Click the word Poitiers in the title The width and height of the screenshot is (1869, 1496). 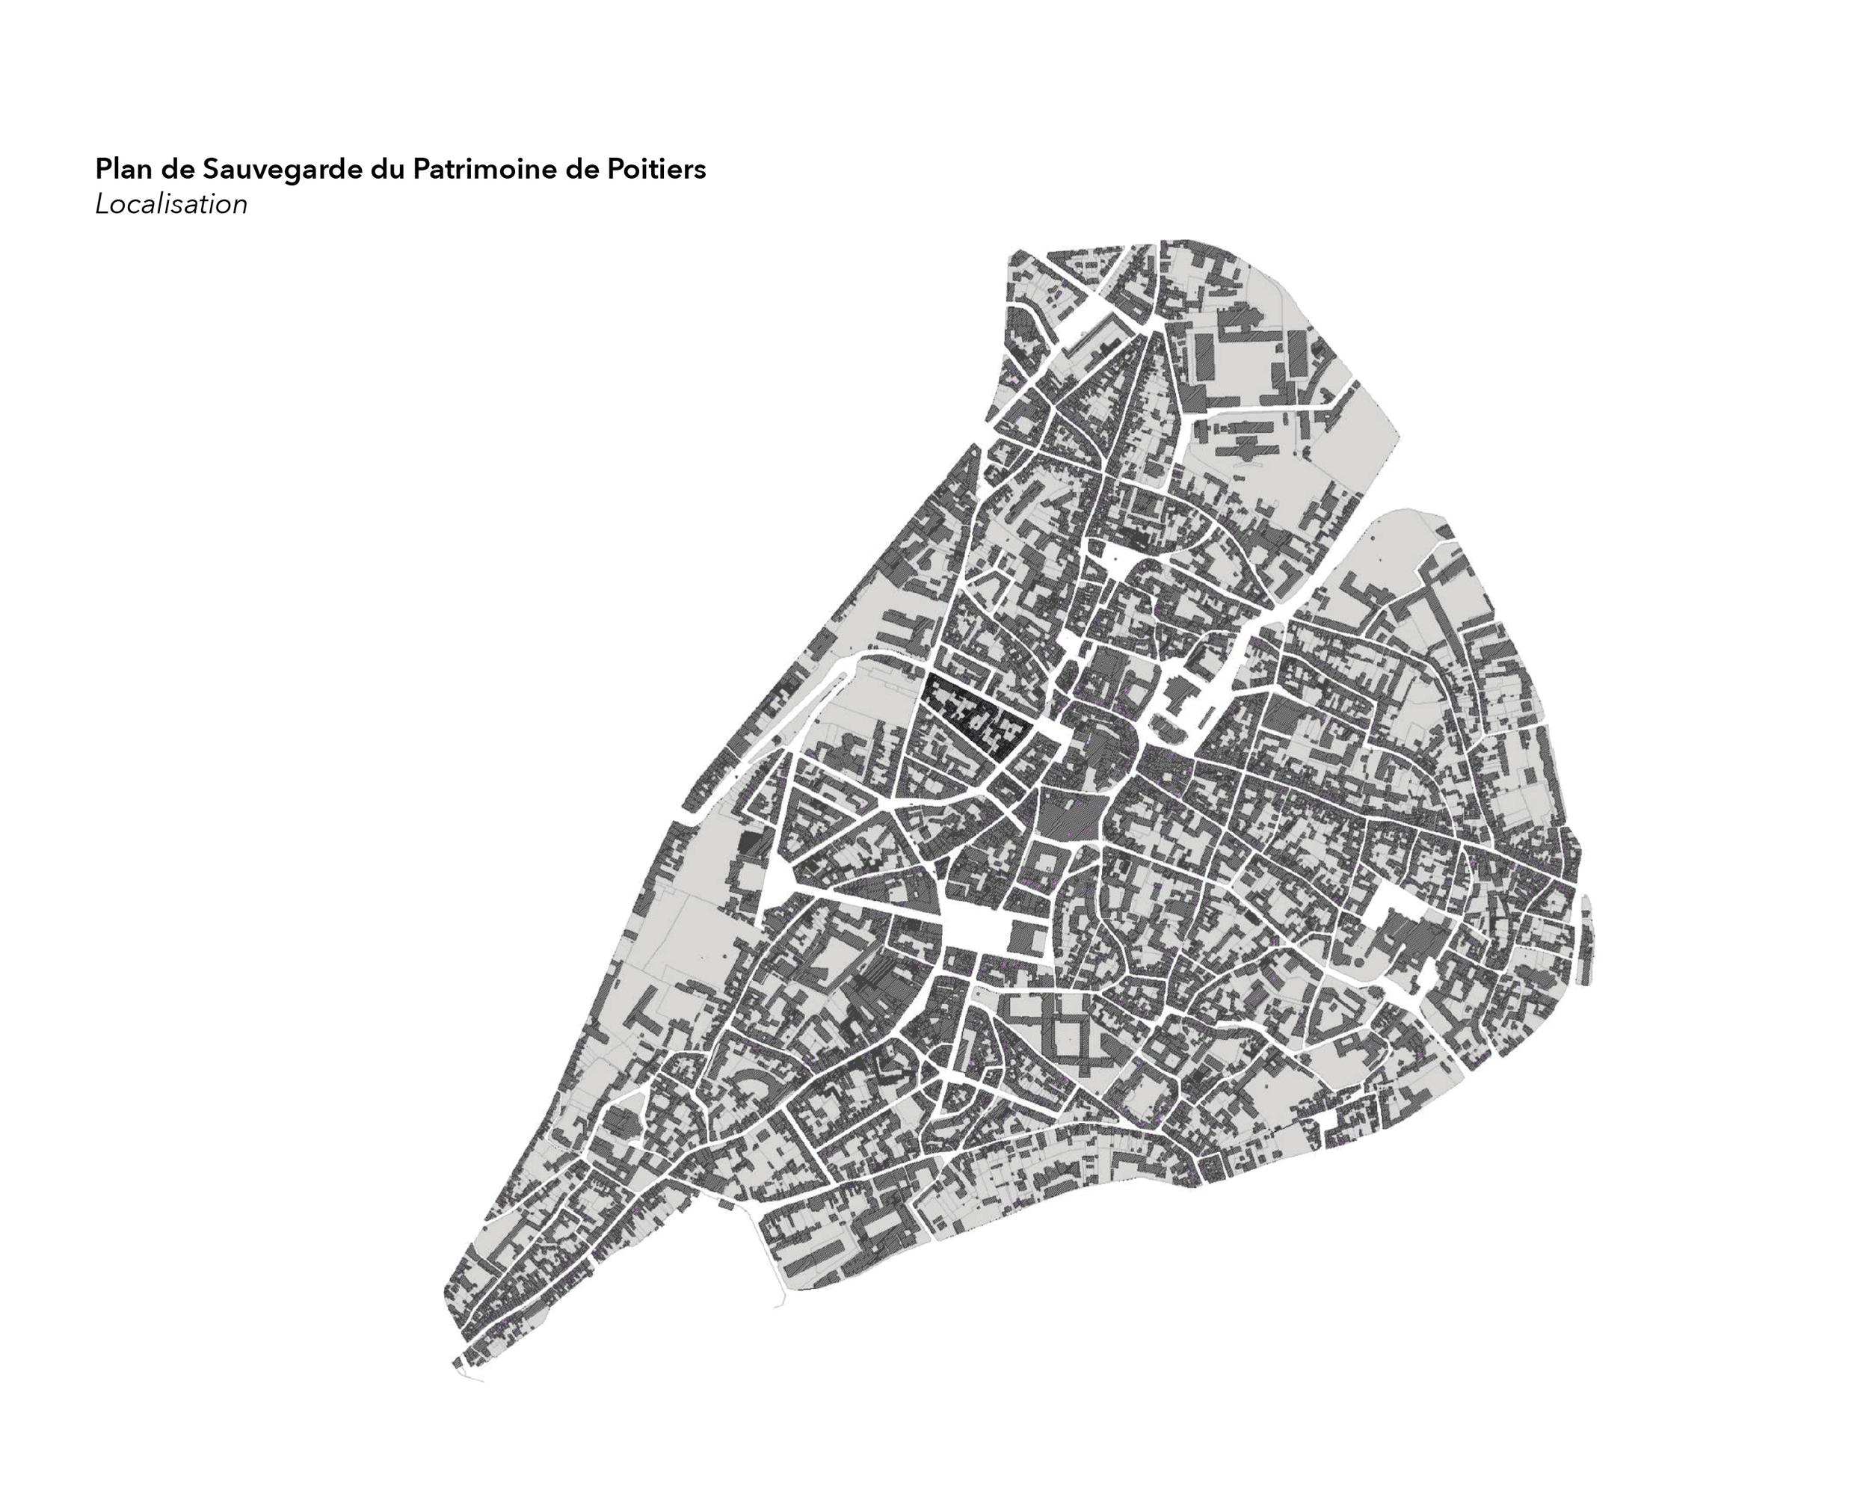pos(656,169)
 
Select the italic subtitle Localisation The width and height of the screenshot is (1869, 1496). pos(170,205)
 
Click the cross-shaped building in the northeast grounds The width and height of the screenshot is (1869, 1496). pos(1248,447)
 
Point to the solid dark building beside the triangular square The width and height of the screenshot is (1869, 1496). pos(751,843)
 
